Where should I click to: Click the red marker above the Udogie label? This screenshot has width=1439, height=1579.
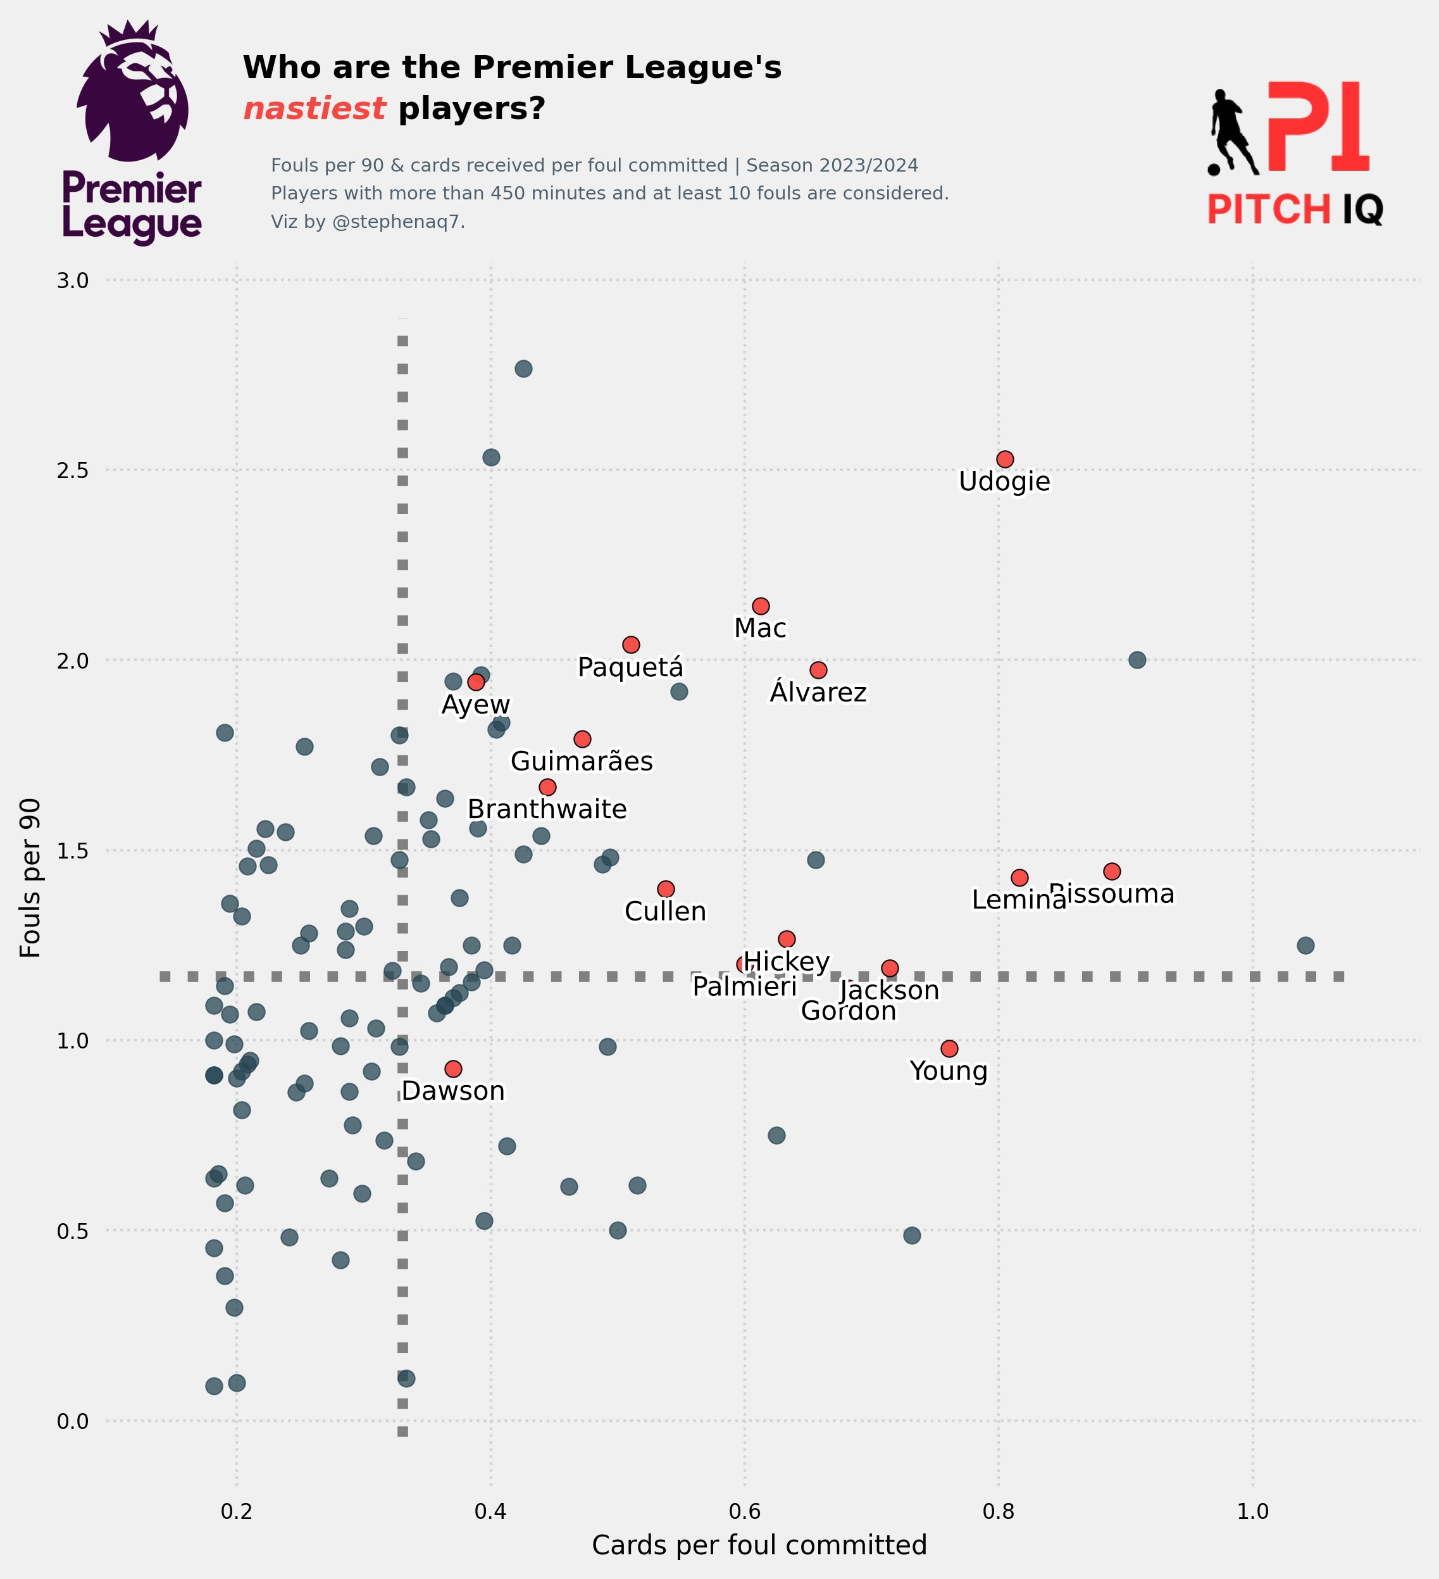click(x=1004, y=459)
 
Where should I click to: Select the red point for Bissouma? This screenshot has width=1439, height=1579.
click(x=1112, y=871)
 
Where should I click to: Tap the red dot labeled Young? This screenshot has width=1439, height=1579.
click(x=949, y=1048)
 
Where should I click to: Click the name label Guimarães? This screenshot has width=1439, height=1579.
click(x=581, y=761)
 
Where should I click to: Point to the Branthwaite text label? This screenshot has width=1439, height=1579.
click(x=547, y=809)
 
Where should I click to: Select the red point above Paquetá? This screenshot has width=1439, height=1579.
click(x=630, y=645)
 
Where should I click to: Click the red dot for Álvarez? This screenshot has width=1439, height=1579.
click(x=818, y=670)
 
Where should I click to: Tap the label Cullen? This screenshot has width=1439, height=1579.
click(x=664, y=912)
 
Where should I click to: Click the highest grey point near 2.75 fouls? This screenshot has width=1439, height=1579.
click(x=523, y=369)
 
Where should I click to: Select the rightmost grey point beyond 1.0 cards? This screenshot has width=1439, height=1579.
click(x=1305, y=945)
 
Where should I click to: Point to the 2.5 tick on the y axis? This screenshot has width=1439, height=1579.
click(x=72, y=470)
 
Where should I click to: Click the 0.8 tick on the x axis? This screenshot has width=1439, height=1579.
click(x=998, y=1512)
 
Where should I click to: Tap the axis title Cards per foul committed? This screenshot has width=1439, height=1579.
click(x=759, y=1545)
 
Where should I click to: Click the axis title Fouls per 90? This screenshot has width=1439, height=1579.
click(x=30, y=878)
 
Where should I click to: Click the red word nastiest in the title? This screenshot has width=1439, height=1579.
click(x=314, y=108)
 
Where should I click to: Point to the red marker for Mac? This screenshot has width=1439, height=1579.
click(x=760, y=607)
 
